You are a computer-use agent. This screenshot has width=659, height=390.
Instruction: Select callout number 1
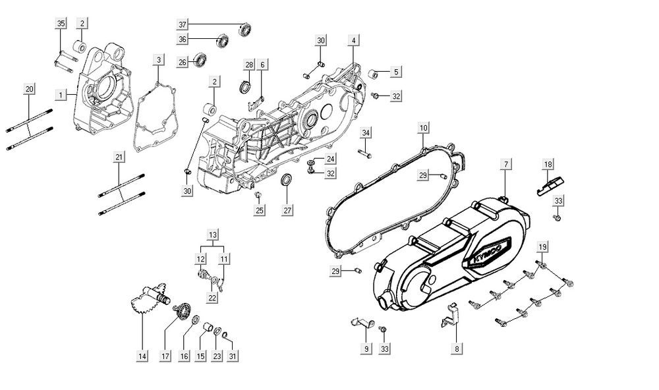[x=61, y=96]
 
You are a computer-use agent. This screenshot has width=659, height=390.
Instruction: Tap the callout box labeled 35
[x=61, y=24]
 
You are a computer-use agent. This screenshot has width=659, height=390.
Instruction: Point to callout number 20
[x=28, y=88]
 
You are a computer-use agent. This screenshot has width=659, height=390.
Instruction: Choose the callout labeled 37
[x=183, y=25]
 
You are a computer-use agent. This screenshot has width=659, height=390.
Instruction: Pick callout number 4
[x=353, y=41]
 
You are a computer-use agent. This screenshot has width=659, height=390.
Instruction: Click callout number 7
[x=507, y=163]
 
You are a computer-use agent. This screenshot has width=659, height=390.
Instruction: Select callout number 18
[x=548, y=164]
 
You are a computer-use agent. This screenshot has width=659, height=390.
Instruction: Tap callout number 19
[x=542, y=246]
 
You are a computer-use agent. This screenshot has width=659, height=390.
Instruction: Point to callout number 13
[x=213, y=235]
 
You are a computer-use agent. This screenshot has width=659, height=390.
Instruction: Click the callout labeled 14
[x=142, y=356]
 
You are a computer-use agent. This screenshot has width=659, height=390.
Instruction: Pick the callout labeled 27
[x=287, y=211]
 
